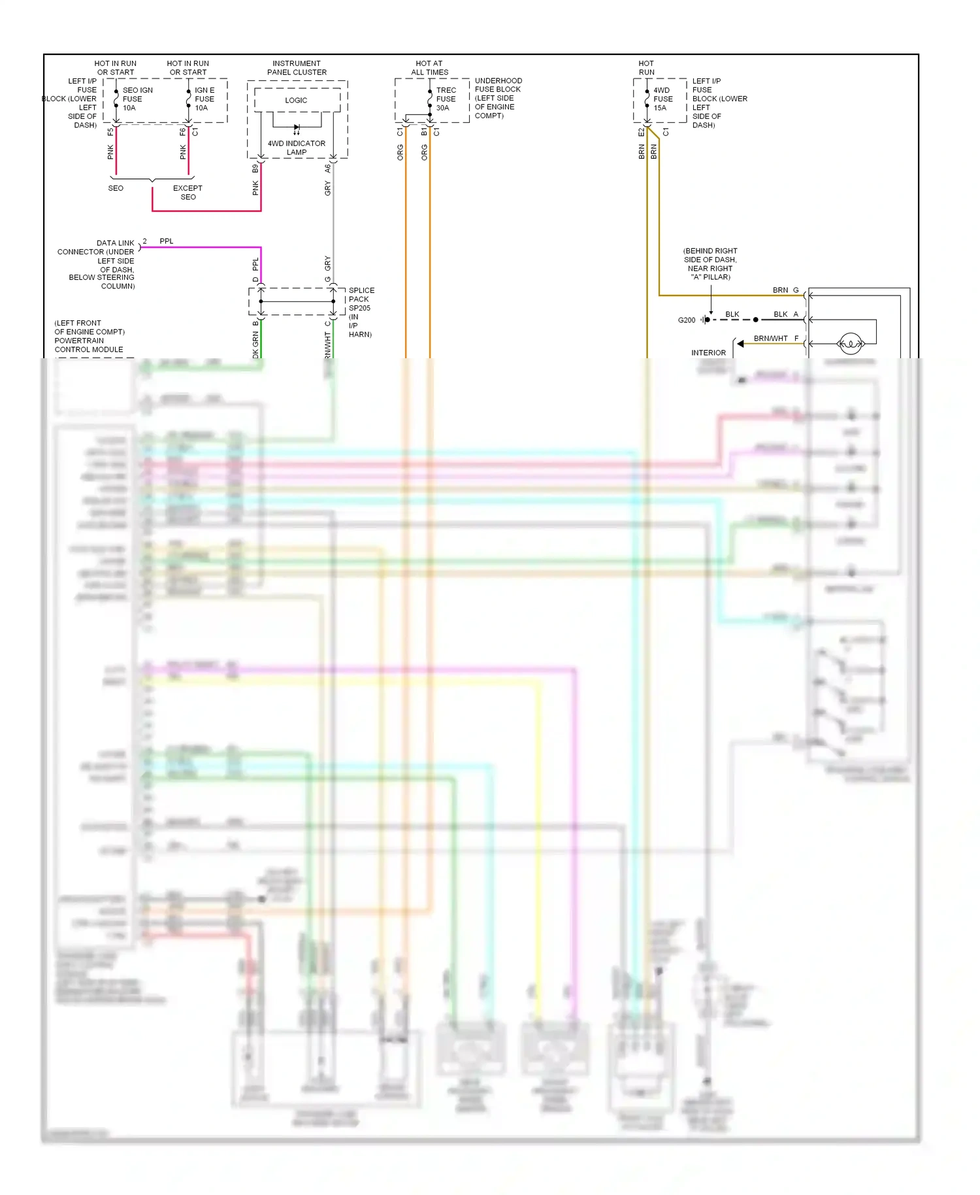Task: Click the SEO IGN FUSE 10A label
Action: pos(137,99)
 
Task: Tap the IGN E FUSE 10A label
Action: pos(204,99)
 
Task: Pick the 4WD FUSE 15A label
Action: pos(662,99)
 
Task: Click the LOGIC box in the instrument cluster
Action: pos(297,100)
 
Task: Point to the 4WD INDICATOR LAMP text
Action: pos(297,148)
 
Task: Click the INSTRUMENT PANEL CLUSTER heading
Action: pos(297,68)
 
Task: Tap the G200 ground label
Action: pos(687,320)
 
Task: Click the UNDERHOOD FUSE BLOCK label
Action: pos(498,98)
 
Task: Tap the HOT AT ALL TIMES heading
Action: pos(429,68)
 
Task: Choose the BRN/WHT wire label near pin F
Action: pos(771,339)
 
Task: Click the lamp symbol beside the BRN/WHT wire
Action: pos(851,343)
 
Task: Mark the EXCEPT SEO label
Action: pos(188,192)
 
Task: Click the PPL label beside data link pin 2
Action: pos(167,241)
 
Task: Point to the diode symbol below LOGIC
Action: pos(297,128)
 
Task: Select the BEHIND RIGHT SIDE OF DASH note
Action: pos(710,264)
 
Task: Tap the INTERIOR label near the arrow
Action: pos(708,353)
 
